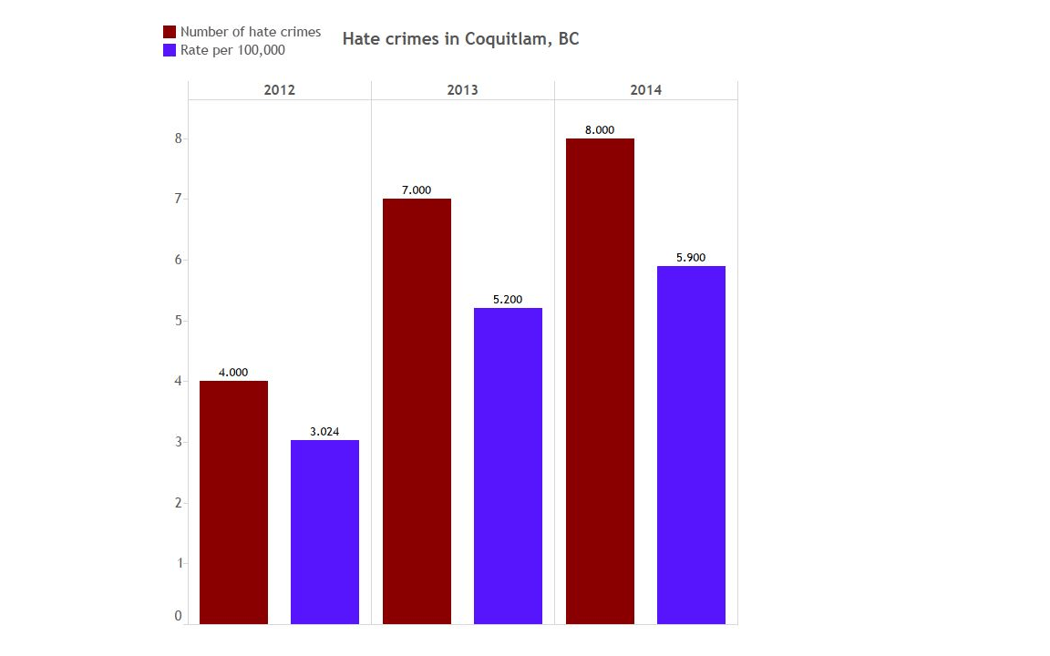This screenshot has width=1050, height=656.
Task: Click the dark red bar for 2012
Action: [x=233, y=502]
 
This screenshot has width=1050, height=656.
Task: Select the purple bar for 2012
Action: [x=324, y=532]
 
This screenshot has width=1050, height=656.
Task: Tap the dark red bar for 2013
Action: [x=417, y=411]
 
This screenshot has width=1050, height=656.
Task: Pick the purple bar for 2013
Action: [x=508, y=466]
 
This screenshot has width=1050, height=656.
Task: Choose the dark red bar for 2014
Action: [x=600, y=381]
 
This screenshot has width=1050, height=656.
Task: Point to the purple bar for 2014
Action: [x=691, y=445]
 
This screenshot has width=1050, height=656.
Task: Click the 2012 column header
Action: [x=279, y=90]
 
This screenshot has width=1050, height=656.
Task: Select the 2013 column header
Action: [x=462, y=90]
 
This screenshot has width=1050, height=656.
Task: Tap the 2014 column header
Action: [x=645, y=90]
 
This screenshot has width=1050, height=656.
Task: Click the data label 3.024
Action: [x=324, y=432]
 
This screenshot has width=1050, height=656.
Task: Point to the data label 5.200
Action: [x=508, y=300]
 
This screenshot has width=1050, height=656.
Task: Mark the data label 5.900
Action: [x=691, y=258]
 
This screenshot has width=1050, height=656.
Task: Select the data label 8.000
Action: [x=600, y=130]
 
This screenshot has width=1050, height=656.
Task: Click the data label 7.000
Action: [x=417, y=190]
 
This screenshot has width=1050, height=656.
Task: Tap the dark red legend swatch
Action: [x=169, y=32]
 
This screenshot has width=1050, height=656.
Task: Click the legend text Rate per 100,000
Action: [x=232, y=50]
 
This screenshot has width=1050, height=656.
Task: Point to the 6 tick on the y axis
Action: [x=179, y=260]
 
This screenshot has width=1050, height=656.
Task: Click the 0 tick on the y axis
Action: [x=179, y=616]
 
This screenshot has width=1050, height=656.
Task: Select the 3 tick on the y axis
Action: [x=179, y=442]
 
